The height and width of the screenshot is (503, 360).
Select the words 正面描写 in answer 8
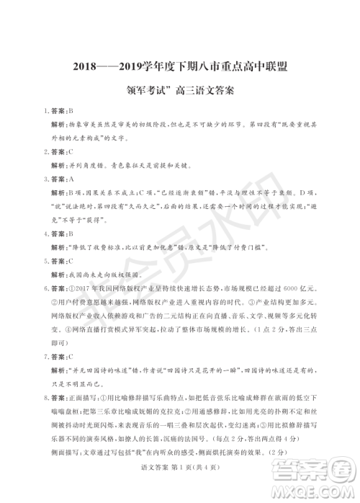pyautogui.click(x=84, y=396)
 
